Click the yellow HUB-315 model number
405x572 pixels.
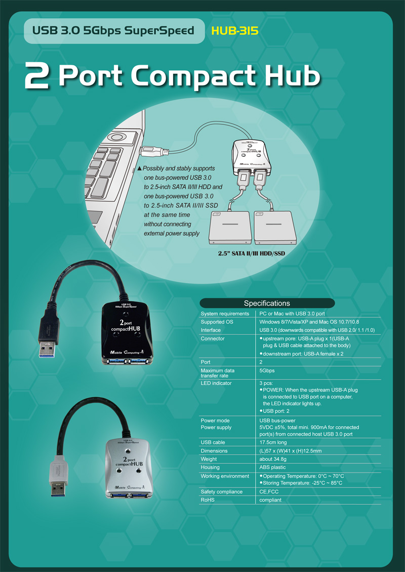[235, 31]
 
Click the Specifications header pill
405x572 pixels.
[267, 303]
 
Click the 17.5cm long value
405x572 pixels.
[274, 443]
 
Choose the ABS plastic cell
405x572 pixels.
[272, 467]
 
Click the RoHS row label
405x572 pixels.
[208, 500]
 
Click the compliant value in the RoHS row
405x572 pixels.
[270, 500]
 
